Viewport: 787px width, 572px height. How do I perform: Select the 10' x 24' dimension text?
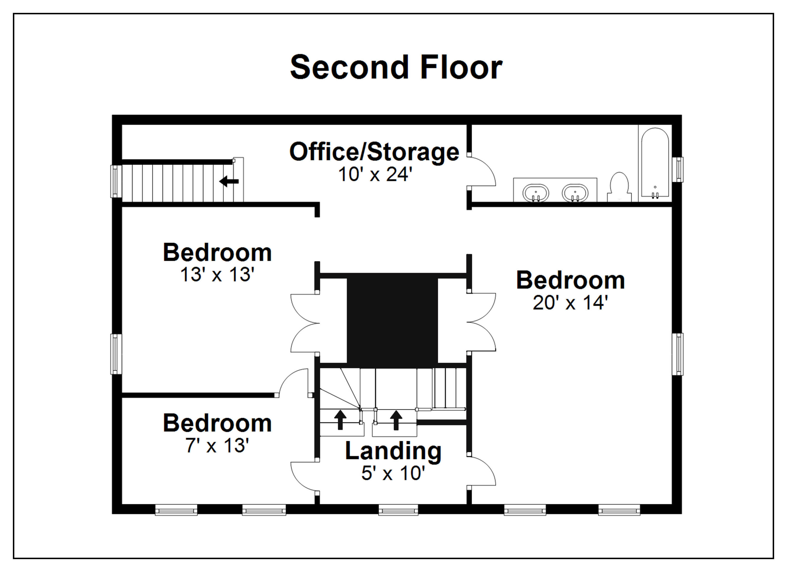click(x=375, y=174)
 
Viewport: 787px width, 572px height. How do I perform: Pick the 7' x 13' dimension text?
click(x=217, y=445)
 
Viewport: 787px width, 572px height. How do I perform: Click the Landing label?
click(x=393, y=451)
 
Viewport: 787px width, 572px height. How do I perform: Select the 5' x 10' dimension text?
click(x=393, y=473)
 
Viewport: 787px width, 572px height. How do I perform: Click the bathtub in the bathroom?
click(x=655, y=163)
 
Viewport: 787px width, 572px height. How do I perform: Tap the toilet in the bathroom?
click(x=619, y=187)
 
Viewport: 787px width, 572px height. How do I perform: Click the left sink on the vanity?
click(x=536, y=193)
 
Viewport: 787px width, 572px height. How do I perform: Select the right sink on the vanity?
click(x=575, y=193)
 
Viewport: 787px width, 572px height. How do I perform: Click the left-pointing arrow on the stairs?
click(x=229, y=181)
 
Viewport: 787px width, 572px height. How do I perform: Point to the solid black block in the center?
click(x=392, y=321)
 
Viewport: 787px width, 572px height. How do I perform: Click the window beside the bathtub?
click(x=677, y=170)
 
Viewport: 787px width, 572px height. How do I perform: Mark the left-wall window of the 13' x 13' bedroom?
click(x=116, y=354)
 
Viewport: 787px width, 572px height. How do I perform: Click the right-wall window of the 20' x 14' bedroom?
click(x=677, y=354)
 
